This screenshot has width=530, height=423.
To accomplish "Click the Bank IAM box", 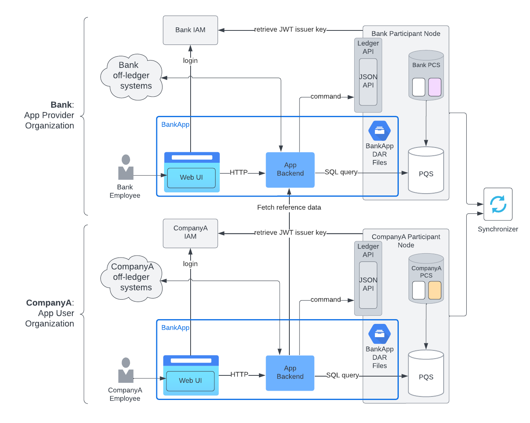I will [190, 30].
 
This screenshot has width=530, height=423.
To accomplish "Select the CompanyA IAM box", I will [190, 233].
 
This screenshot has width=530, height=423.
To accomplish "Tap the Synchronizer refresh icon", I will [498, 204].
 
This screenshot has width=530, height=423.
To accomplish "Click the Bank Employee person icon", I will [126, 167].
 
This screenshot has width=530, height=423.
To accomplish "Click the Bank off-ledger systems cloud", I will [132, 76].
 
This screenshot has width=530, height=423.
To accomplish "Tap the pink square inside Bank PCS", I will [435, 87].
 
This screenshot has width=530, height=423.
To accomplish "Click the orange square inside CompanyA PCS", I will [435, 290].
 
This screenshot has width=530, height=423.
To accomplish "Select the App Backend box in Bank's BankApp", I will [290, 170].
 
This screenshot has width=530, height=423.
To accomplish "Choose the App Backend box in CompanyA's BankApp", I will [290, 373].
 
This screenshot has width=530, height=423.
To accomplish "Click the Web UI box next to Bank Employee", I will [191, 178].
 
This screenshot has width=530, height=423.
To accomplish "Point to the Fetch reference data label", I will [289, 208].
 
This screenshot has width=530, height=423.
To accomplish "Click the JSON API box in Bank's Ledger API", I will [368, 82].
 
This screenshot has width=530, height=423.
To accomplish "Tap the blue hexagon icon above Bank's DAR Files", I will [379, 131].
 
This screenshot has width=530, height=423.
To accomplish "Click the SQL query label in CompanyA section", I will [343, 375].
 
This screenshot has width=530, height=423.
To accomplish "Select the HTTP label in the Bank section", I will [239, 172].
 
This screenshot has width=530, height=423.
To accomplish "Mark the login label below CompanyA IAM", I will [190, 264].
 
